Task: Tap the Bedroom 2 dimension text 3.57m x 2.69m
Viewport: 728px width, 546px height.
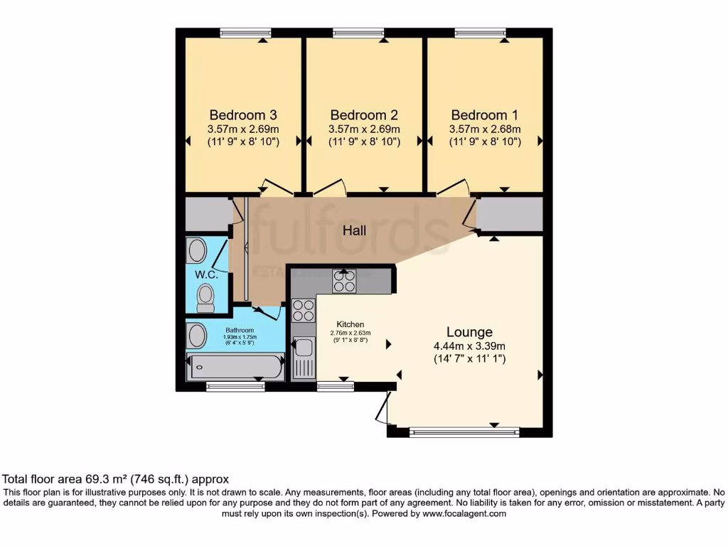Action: (364, 129)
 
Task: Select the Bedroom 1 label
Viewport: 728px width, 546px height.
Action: (485, 115)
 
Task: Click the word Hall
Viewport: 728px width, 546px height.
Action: (354, 230)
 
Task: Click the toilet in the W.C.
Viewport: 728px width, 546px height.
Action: (205, 298)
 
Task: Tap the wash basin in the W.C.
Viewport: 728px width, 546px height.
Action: (196, 250)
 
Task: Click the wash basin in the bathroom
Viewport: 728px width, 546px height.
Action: (196, 336)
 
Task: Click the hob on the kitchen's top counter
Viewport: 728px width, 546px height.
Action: (344, 282)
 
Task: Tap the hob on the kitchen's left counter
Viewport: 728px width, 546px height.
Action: (304, 311)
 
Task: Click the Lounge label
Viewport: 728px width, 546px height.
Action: (469, 332)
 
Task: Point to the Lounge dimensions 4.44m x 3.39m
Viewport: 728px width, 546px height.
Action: (469, 346)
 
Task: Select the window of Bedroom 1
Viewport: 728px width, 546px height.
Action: (481, 32)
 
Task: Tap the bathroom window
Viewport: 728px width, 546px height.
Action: (235, 387)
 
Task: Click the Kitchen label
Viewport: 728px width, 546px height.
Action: (350, 324)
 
